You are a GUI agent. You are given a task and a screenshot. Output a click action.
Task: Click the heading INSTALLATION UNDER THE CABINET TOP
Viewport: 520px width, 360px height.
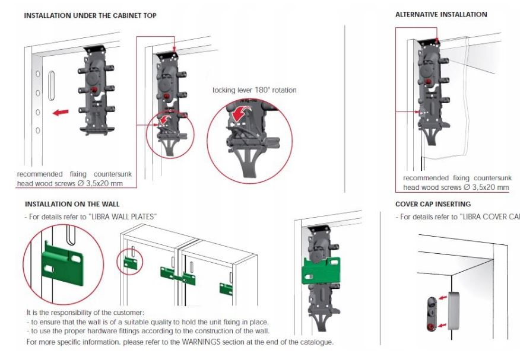[90, 15]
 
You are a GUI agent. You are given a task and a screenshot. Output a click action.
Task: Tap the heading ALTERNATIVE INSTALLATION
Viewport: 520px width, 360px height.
[441, 14]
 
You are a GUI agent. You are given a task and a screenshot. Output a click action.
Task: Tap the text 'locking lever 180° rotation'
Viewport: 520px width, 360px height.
[255, 90]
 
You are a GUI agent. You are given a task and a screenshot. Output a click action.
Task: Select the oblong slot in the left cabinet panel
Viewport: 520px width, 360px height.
[52, 85]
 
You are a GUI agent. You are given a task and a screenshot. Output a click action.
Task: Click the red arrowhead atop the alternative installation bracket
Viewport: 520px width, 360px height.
[436, 40]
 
